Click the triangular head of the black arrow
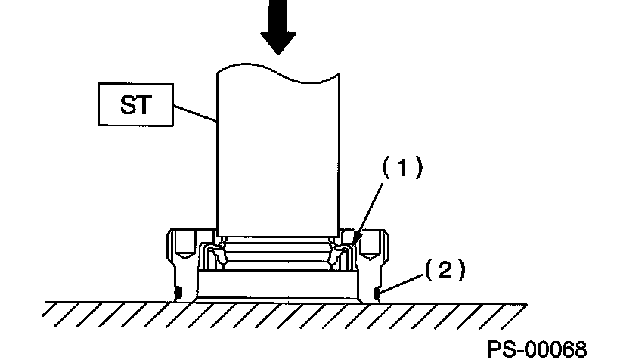click(279, 42)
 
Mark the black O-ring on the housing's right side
click(377, 292)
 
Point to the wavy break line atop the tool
click(277, 72)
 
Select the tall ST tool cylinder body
click(277, 151)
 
